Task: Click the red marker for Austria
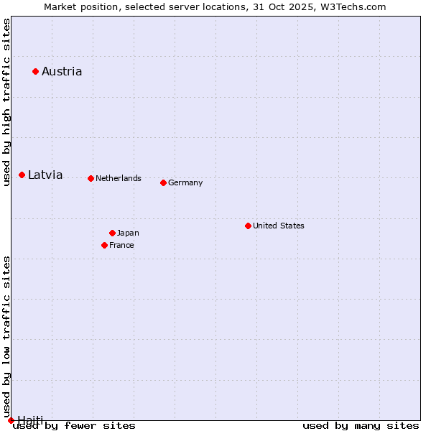35,71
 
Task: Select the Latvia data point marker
22,175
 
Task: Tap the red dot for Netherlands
91,178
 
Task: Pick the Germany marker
163,182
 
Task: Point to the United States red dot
248,226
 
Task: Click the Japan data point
112,233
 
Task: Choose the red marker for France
105,245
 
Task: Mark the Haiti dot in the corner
11,420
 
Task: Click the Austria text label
62,71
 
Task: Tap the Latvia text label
45,175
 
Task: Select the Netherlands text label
119,178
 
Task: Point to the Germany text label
185,182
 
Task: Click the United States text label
279,226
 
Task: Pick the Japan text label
128,233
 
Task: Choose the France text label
121,245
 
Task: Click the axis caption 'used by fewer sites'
75,425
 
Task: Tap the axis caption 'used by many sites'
361,425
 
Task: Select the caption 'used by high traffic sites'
6,102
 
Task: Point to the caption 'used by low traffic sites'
6,336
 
